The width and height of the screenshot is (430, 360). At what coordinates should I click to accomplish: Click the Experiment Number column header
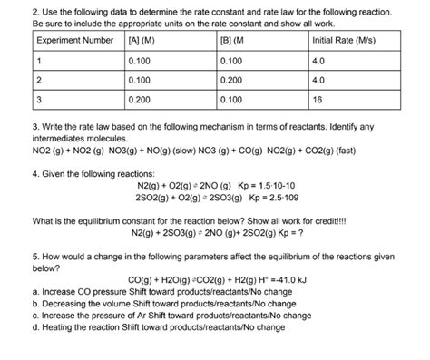[x=72, y=41]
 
